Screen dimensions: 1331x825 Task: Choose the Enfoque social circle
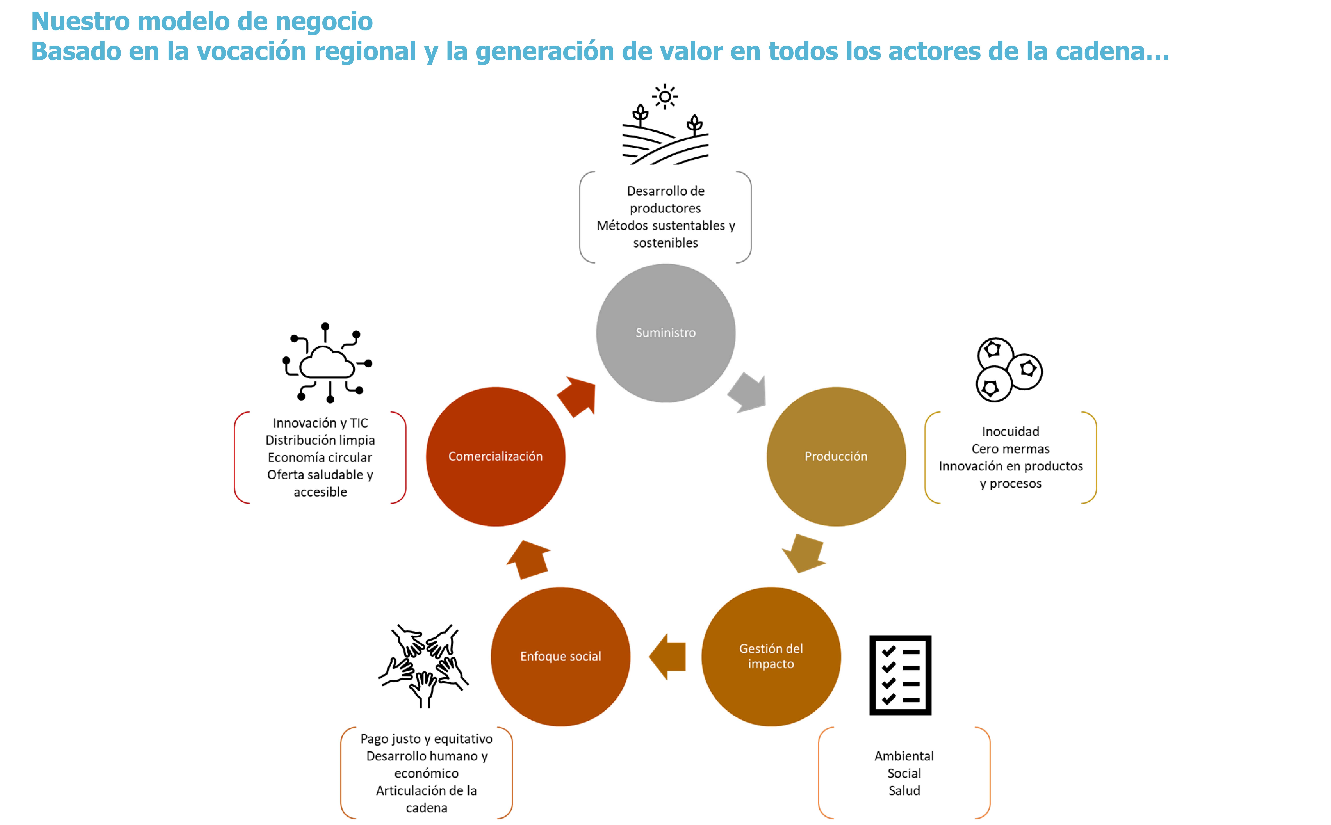pyautogui.click(x=561, y=656)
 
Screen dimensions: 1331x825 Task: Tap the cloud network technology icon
pyautogui.click(x=327, y=363)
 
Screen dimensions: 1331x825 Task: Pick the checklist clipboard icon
pyautogui.click(x=900, y=675)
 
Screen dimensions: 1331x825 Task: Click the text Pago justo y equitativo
pyautogui.click(x=426, y=739)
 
